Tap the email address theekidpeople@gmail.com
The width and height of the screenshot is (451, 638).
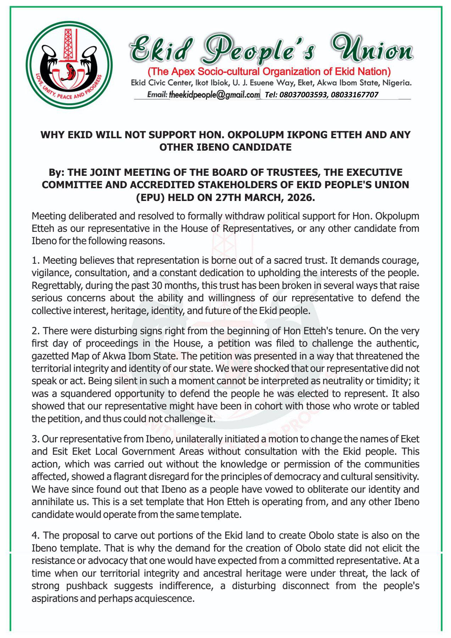214,95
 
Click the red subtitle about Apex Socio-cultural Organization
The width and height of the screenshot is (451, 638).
269,72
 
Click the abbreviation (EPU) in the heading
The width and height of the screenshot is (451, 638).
151,197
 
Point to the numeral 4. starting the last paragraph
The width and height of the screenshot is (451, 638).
35,535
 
